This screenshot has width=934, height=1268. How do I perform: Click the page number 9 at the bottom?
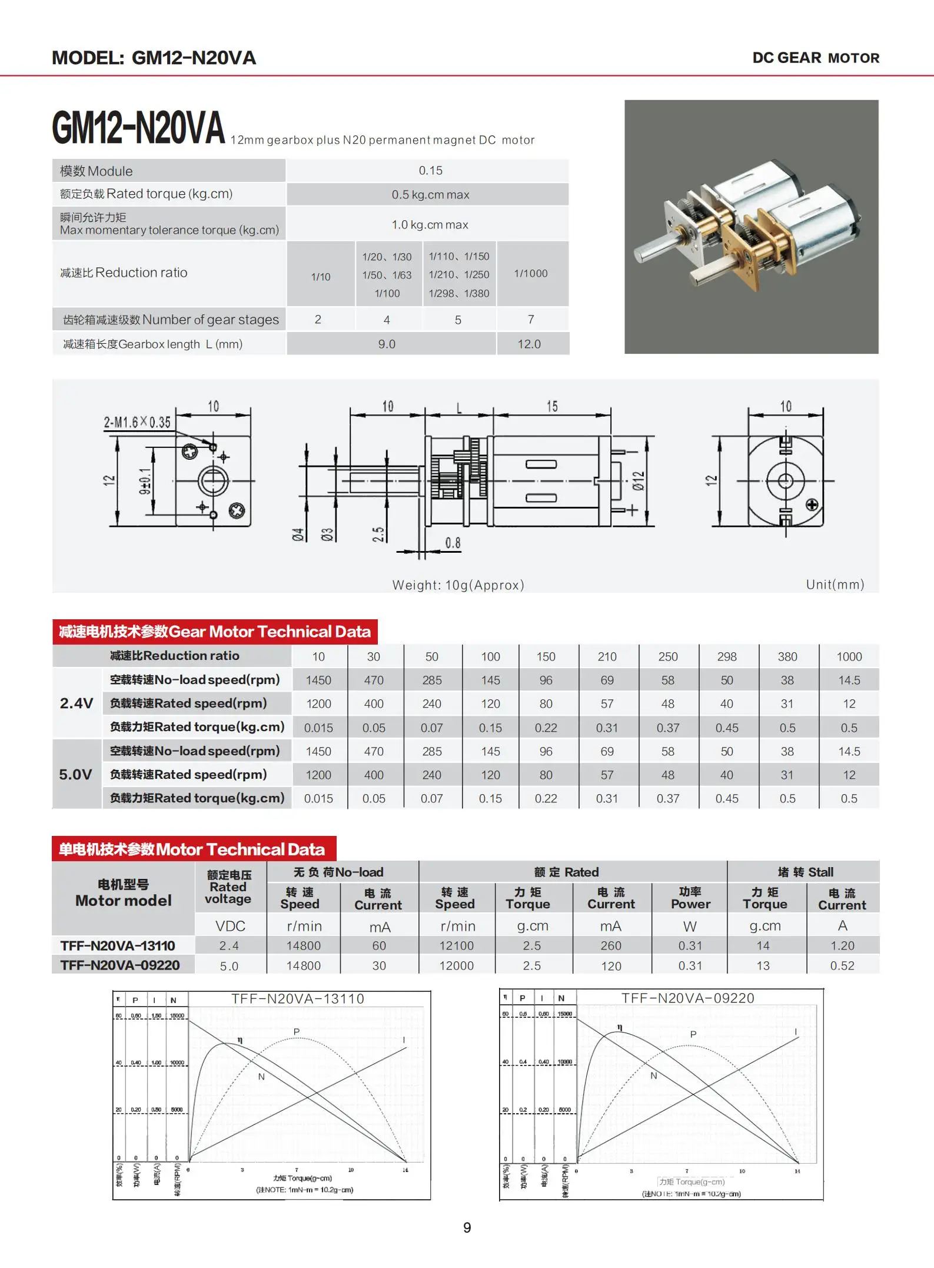pyautogui.click(x=467, y=1227)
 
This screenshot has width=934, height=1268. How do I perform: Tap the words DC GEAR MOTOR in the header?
pyautogui.click(x=816, y=58)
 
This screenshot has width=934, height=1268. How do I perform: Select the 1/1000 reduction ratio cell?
pyautogui.click(x=531, y=274)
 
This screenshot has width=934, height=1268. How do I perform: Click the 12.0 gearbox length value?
pyautogui.click(x=529, y=344)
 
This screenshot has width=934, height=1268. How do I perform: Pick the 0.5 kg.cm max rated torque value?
pyautogui.click(x=430, y=195)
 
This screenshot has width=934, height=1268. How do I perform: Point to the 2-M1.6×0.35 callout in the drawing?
pyautogui.click(x=137, y=423)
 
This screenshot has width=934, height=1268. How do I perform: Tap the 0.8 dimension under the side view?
pyautogui.click(x=453, y=543)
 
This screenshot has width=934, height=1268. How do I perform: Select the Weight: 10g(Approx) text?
pyautogui.click(x=458, y=585)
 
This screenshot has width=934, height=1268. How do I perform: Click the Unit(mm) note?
pyautogui.click(x=835, y=585)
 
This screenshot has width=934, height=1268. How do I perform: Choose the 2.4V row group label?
pyautogui.click(x=77, y=703)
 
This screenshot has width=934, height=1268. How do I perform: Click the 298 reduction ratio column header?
pyautogui.click(x=727, y=657)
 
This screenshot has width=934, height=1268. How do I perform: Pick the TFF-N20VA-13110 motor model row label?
pyautogui.click(x=118, y=946)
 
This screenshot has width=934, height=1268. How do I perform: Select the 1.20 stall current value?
pyautogui.click(x=842, y=946)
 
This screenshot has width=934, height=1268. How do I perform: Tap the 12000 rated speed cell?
pyautogui.click(x=456, y=966)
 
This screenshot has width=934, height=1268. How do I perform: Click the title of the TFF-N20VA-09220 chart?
pyautogui.click(x=687, y=998)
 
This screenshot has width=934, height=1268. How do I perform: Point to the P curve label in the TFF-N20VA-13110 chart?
pyautogui.click(x=297, y=1032)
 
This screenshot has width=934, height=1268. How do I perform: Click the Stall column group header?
pyautogui.click(x=805, y=872)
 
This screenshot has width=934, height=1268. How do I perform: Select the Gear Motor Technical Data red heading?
pyautogui.click(x=215, y=632)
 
